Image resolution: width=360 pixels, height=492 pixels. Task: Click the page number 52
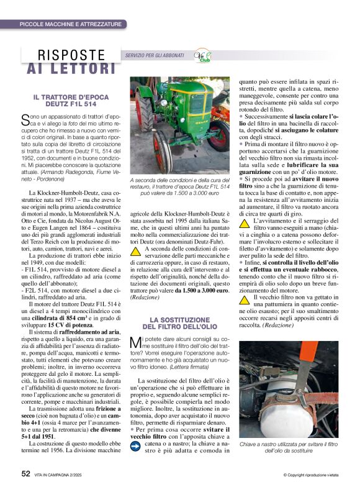(26, 473)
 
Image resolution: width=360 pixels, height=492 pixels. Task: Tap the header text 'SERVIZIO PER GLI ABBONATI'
(154, 56)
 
